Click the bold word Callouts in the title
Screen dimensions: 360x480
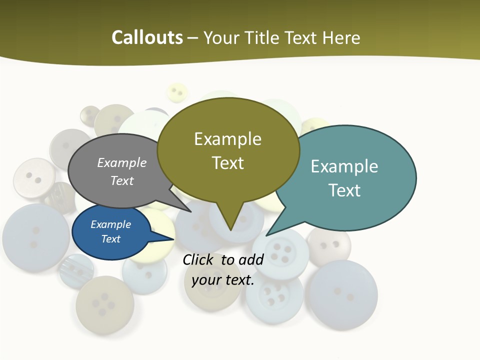click(147, 37)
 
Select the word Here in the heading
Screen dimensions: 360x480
click(340, 38)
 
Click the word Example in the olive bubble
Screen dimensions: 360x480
click(227, 139)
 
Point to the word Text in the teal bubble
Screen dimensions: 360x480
click(344, 190)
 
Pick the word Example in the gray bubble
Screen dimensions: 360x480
click(122, 162)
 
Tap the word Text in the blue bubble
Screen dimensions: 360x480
click(111, 239)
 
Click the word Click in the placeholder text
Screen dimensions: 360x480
click(197, 259)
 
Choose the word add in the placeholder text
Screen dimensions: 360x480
click(251, 259)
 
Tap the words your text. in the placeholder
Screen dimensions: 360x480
click(223, 280)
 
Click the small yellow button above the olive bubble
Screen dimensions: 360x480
click(176, 92)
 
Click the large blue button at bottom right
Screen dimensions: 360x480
click(342, 294)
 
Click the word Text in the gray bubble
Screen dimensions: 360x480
click(122, 180)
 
